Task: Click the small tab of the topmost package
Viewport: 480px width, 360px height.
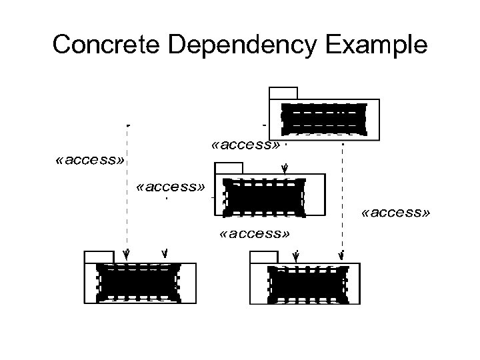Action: point(283,93)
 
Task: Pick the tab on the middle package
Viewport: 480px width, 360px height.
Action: point(229,167)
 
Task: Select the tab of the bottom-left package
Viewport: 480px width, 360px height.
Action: point(99,257)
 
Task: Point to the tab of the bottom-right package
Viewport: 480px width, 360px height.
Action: point(263,257)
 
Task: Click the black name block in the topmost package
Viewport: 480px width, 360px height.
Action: point(324,119)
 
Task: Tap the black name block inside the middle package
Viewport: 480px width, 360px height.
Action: point(265,196)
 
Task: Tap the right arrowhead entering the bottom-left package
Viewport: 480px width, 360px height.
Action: point(165,253)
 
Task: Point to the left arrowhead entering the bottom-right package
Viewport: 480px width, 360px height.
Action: point(296,255)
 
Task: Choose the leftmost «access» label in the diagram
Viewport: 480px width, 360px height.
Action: point(91,160)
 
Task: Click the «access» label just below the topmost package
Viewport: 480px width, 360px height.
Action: point(245,145)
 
